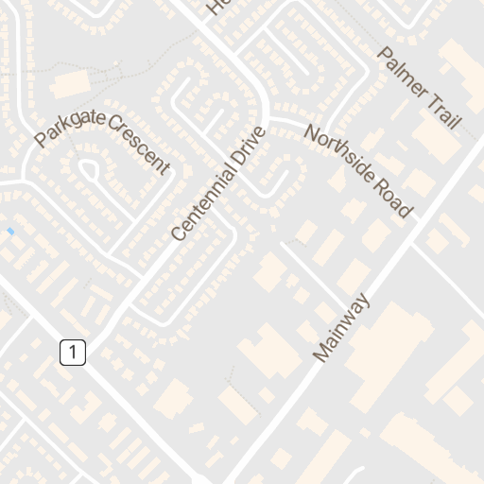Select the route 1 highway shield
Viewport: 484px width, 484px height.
click(x=73, y=353)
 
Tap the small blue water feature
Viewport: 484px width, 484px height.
click(x=10, y=231)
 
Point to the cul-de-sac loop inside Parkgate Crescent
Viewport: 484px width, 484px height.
click(x=90, y=170)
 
